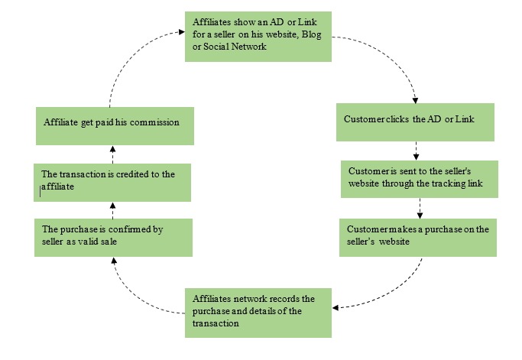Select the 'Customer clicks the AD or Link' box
pos(416,121)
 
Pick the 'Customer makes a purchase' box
pos(419,236)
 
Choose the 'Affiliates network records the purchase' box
pos(258,312)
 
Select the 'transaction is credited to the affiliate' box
pos(112,181)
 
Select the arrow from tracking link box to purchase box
pos(420,208)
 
